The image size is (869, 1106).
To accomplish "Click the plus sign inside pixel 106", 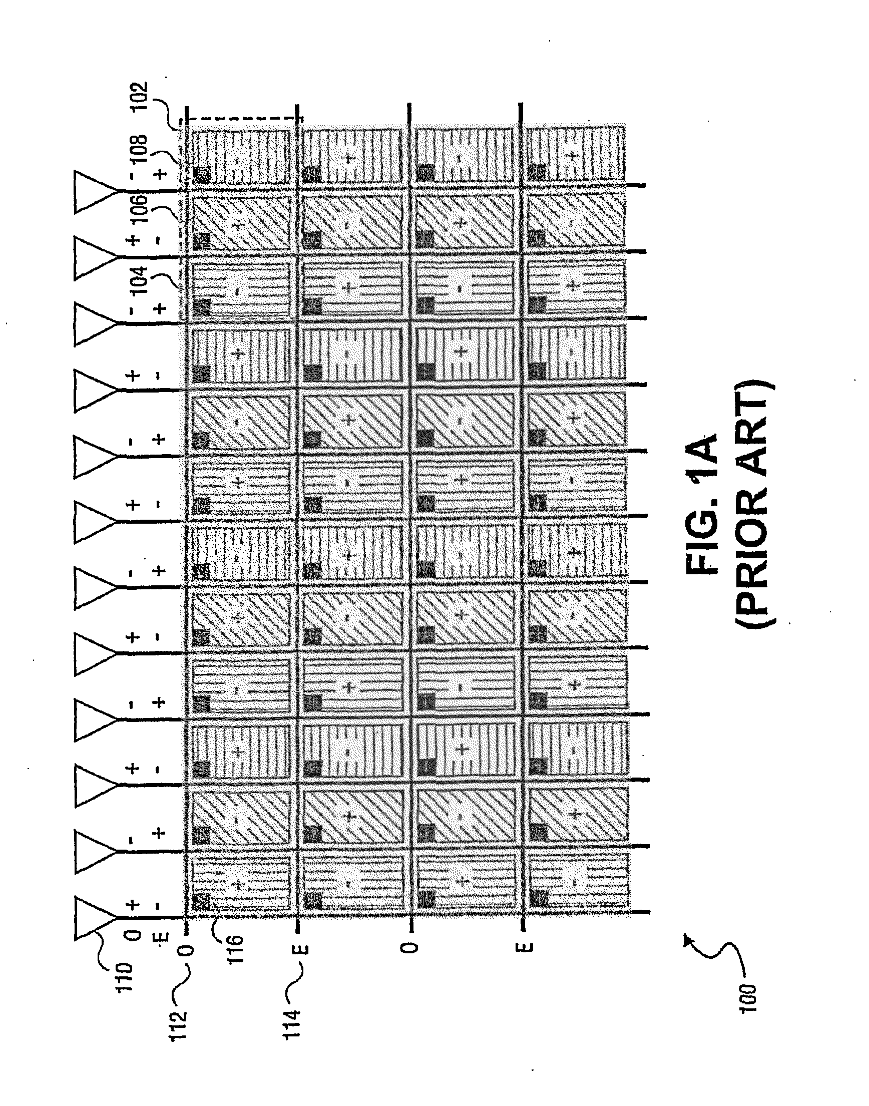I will point(237,224).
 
